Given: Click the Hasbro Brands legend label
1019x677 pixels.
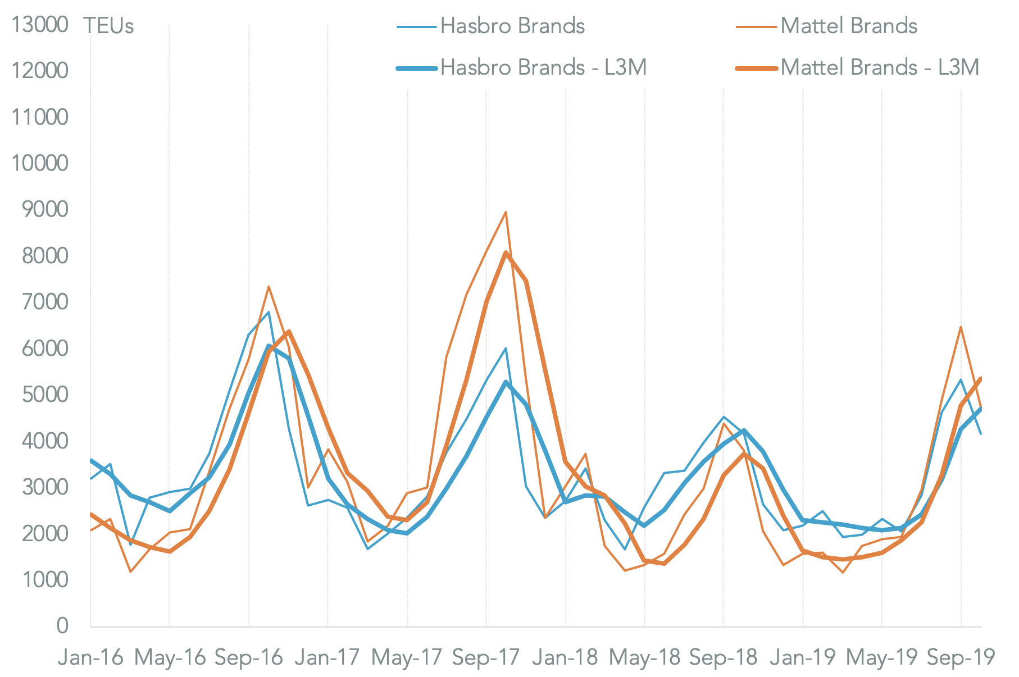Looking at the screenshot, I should [512, 26].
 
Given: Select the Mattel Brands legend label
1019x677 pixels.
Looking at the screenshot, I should [848, 26].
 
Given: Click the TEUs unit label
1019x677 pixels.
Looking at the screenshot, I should [108, 26].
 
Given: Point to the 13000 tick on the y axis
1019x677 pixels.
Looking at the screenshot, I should [40, 25].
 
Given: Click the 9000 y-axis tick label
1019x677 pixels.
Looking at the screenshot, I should [45, 209].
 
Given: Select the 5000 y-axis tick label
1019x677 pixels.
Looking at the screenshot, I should [45, 395].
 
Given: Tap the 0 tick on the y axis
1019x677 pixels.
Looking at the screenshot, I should [62, 626].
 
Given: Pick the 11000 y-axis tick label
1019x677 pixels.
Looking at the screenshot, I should [40, 117].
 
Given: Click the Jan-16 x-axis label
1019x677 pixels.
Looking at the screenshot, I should [90, 657].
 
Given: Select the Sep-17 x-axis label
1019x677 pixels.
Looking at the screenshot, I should [486, 657].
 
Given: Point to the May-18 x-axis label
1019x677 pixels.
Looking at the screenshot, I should [644, 657].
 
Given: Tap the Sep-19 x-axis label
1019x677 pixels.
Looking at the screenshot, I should [961, 657].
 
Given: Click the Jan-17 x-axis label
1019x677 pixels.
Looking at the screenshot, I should [327, 657].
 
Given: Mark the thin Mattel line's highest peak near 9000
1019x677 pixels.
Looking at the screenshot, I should [506, 212].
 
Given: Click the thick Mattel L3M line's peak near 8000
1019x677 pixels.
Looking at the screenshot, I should [506, 253].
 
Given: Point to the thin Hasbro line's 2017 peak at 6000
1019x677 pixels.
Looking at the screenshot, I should [506, 349].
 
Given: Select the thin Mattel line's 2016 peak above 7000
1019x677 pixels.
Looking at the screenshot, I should [269, 287].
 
